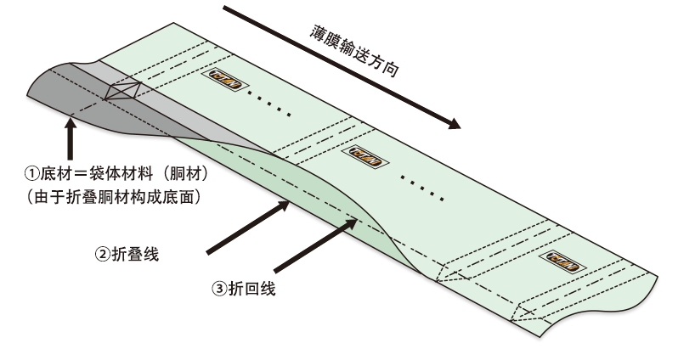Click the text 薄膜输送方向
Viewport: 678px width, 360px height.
click(353, 51)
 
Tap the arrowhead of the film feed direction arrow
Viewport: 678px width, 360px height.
click(454, 124)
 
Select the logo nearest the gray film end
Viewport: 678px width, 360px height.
click(225, 80)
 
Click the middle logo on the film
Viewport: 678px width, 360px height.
click(365, 156)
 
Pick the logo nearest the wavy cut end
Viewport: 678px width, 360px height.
click(562, 262)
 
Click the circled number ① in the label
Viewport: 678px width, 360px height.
click(32, 174)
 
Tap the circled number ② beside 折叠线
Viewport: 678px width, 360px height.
click(103, 254)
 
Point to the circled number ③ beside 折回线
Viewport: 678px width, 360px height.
click(219, 289)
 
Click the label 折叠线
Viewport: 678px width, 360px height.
click(135, 254)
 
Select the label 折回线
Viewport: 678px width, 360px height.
click(252, 289)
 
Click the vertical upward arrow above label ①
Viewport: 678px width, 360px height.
click(70, 139)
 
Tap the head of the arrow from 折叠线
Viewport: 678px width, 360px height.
click(283, 205)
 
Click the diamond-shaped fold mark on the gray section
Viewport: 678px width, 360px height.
click(124, 91)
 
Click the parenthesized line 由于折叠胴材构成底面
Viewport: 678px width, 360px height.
click(114, 197)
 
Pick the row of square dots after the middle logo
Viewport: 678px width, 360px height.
click(421, 188)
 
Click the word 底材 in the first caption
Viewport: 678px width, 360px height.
click(56, 174)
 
